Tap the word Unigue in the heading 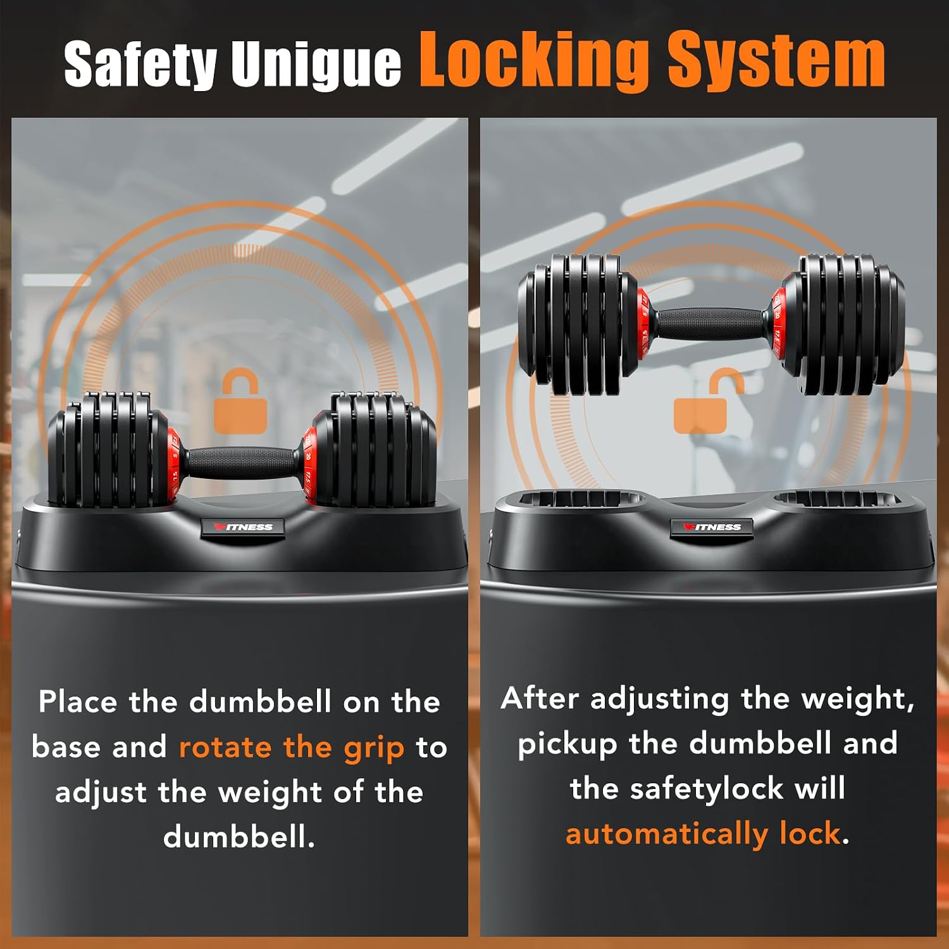316,64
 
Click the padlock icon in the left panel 240,402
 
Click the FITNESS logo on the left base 244,527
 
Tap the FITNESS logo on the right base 712,527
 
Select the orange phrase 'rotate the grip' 292,748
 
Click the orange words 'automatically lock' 703,834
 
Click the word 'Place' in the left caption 78,702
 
